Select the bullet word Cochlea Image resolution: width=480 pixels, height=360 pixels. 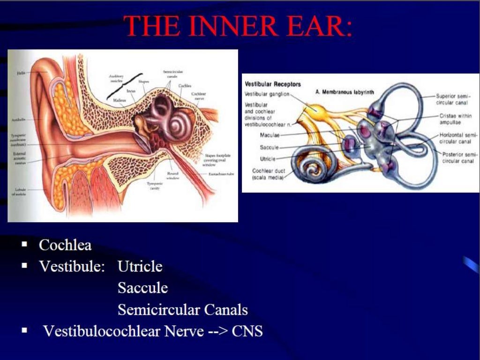click(65, 245)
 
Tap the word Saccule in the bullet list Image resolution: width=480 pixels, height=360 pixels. click(142, 288)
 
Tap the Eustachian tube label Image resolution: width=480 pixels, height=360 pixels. click(222, 174)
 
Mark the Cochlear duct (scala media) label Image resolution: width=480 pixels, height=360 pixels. click(267, 174)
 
